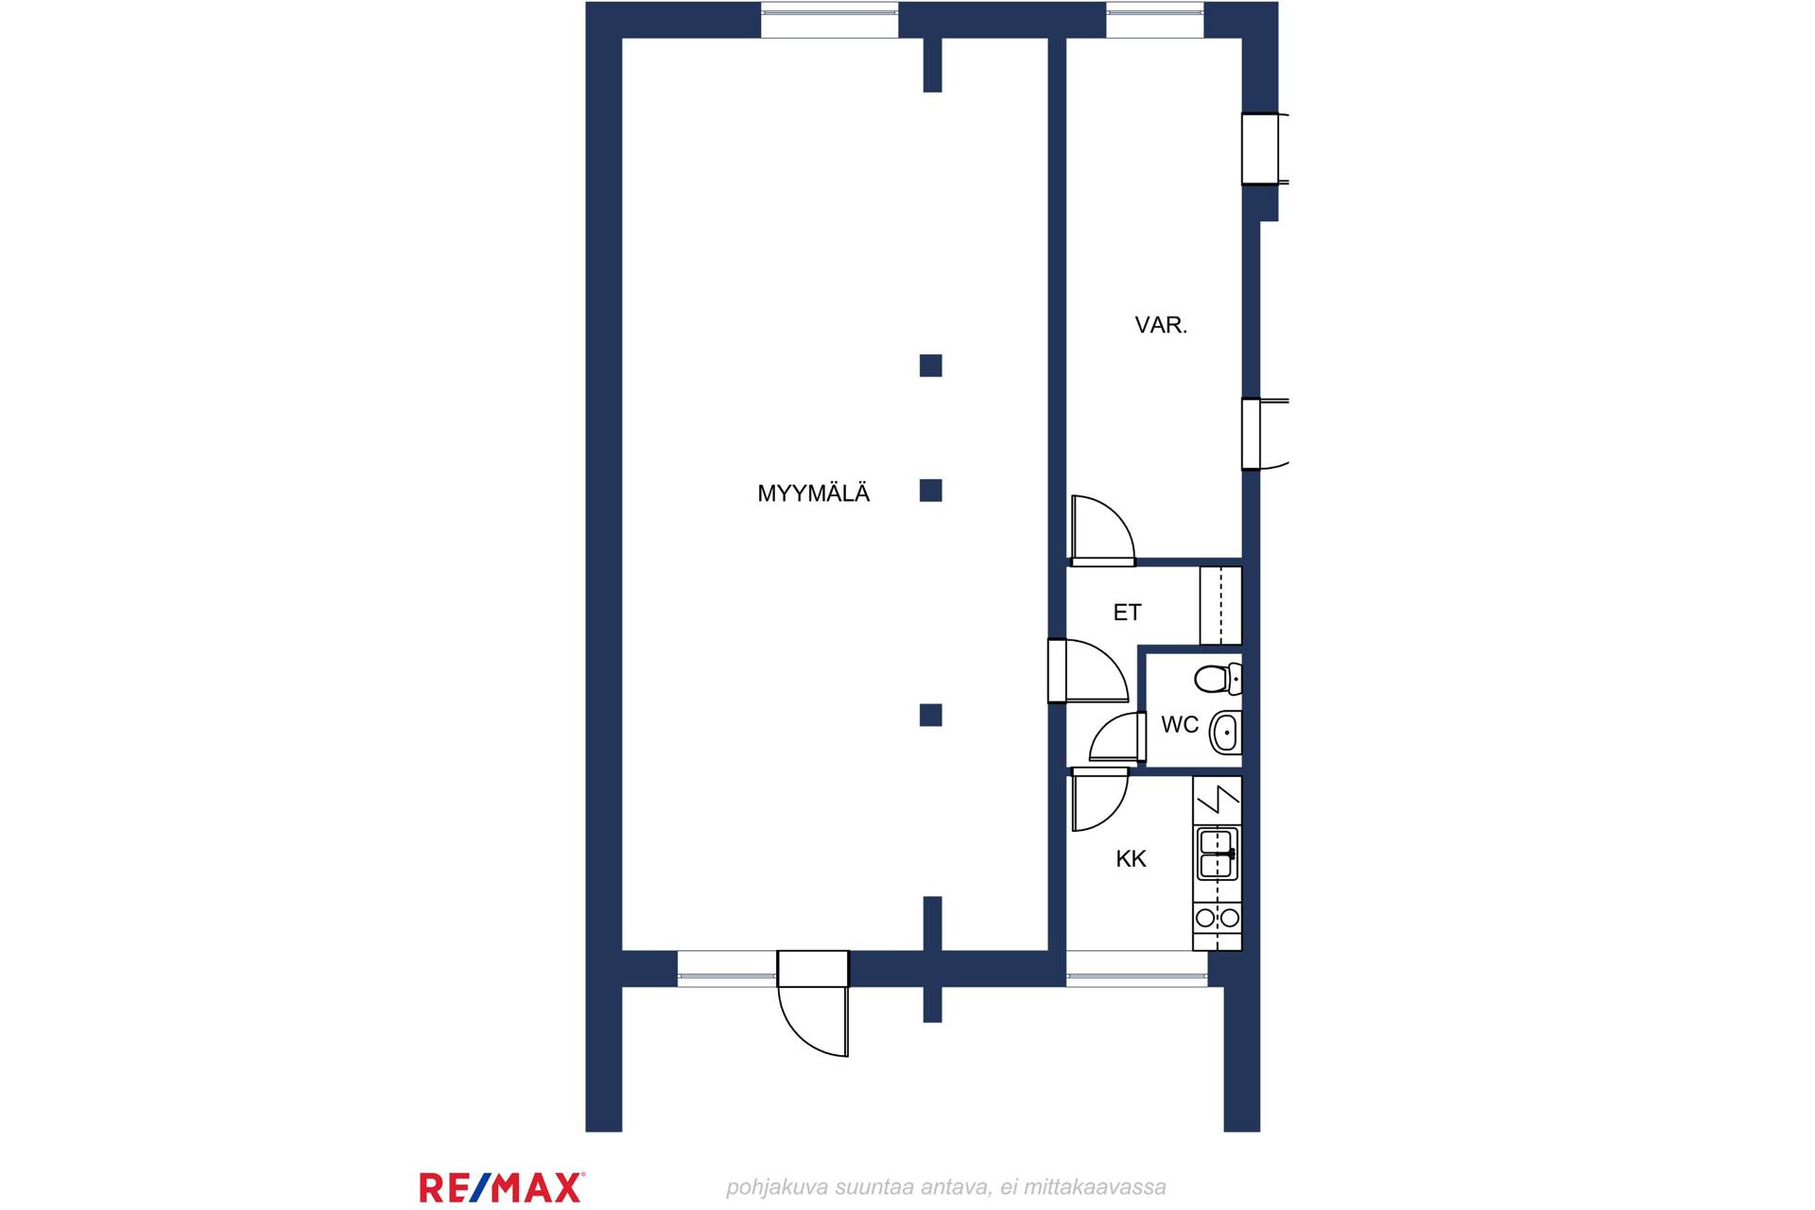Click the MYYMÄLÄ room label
813,493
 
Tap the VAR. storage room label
1161,325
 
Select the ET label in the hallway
1127,613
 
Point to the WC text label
1180,724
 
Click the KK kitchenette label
1131,858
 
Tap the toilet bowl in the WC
1218,679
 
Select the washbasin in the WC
1225,732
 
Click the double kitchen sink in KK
1218,854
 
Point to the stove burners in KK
1218,917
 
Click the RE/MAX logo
502,1186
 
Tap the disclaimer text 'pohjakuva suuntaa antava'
858,1187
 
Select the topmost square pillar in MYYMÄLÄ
931,366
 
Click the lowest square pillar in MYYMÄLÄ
931,716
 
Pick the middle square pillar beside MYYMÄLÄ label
931,491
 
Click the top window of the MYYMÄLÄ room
829,21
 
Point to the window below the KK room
1137,969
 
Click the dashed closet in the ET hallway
1220,605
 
